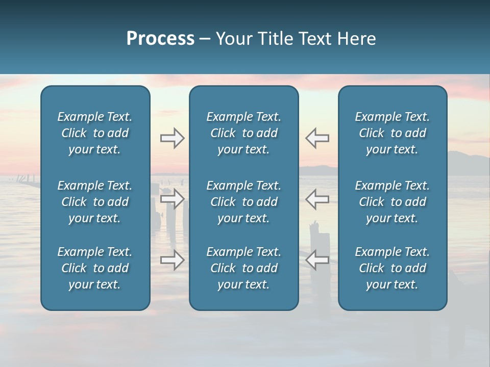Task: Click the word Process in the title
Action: (160, 39)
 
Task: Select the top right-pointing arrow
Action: (172, 138)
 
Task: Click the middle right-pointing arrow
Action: (172, 199)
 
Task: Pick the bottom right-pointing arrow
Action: (172, 260)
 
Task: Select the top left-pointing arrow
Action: (317, 138)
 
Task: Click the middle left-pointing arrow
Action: (317, 199)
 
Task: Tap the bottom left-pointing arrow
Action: (317, 260)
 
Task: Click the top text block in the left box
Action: (95, 133)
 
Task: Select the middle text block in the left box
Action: (95, 202)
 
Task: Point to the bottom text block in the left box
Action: (95, 268)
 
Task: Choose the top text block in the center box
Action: (243, 133)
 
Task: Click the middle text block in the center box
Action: (243, 202)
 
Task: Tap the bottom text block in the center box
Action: (243, 268)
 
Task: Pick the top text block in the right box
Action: (392, 133)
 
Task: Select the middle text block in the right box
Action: (392, 202)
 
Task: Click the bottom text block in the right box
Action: (392, 268)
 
